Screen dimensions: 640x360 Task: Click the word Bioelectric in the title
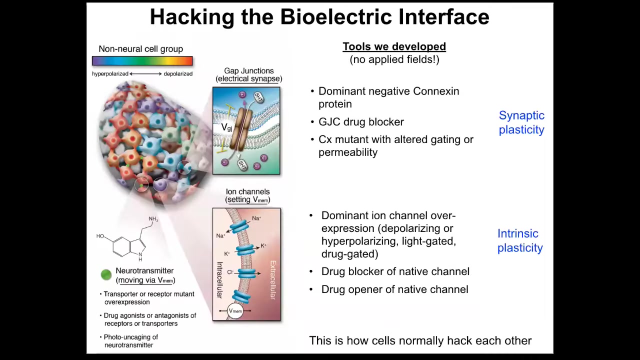coord(335,17)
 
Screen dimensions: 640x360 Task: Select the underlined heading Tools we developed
coord(394,46)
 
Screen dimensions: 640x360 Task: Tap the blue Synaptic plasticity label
coord(521,122)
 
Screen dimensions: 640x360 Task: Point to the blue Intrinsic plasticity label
coord(520,240)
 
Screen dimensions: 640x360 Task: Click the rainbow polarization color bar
coord(142,61)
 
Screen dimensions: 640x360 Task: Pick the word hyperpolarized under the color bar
coord(110,73)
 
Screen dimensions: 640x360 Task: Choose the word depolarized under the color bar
coord(178,73)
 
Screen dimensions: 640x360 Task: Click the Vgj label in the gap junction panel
coord(227,127)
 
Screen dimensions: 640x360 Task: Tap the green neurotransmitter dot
coord(106,275)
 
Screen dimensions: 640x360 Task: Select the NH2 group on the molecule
coord(153,219)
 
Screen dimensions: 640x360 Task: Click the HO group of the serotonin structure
coord(100,236)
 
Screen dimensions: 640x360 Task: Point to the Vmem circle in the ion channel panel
coord(235,311)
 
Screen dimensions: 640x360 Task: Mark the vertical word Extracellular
coord(273,280)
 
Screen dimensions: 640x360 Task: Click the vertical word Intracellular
coord(219,280)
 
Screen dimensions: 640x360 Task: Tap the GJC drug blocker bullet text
coord(361,122)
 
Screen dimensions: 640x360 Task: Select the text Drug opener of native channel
coord(395,289)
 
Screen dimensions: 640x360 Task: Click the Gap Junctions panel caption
coord(249,75)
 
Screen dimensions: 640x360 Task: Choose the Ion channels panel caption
coord(247,195)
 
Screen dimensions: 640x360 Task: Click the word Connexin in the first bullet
coord(436,91)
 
